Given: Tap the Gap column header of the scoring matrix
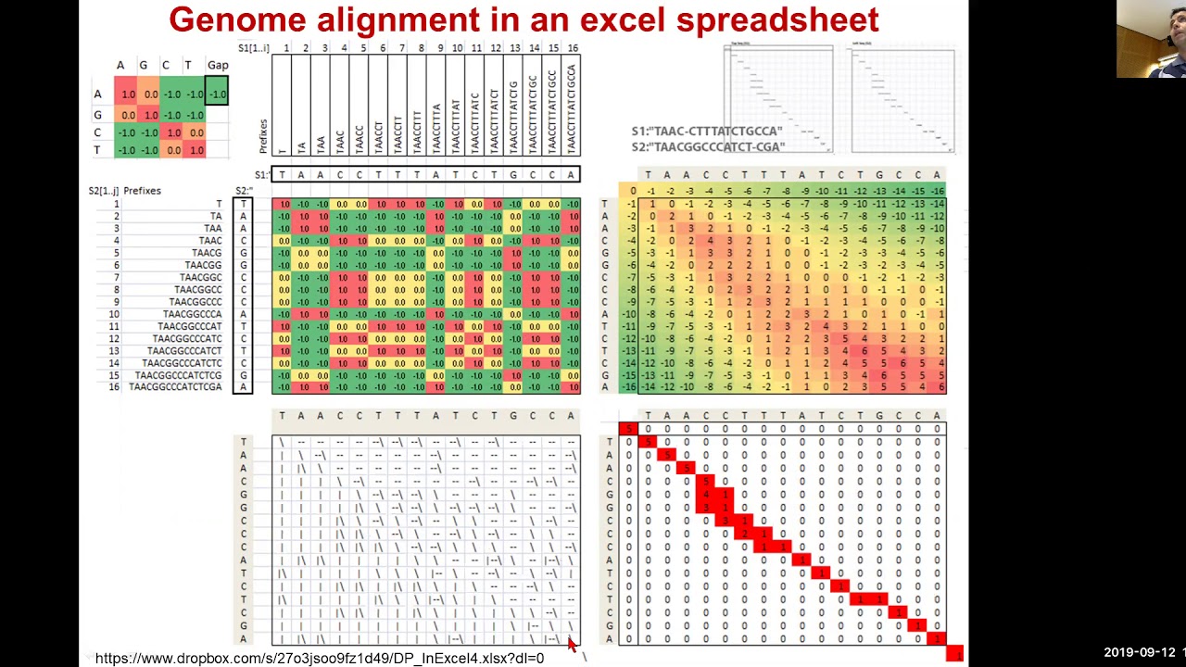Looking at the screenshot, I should pyautogui.click(x=218, y=65).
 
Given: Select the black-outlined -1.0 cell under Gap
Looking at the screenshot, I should pyautogui.click(x=217, y=94).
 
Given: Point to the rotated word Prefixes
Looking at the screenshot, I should pyautogui.click(x=263, y=136).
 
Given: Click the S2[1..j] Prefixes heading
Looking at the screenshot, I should pyautogui.click(x=125, y=191).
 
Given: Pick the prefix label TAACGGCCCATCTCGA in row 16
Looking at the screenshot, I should pyautogui.click(x=175, y=387).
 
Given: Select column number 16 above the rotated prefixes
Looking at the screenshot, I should pyautogui.click(x=573, y=48).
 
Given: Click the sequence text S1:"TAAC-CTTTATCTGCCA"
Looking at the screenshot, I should pyautogui.click(x=707, y=132).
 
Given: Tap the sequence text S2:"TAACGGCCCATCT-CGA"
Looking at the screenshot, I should pyautogui.click(x=708, y=146).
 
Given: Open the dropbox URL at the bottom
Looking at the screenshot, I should pyautogui.click(x=319, y=658).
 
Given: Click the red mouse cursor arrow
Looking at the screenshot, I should pyautogui.click(x=572, y=645).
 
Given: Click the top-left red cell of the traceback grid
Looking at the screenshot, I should pyautogui.click(x=628, y=428).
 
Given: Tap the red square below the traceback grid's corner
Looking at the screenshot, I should pyautogui.click(x=954, y=654).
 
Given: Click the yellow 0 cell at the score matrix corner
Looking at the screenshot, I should pyautogui.click(x=632, y=191).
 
